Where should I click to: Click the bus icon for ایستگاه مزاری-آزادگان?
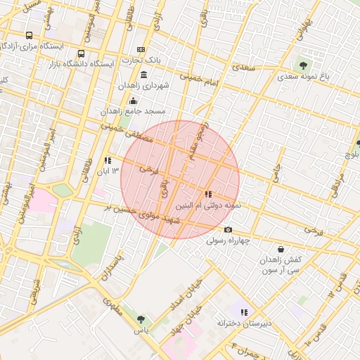click(x=29, y=35)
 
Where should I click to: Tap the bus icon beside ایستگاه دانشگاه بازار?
click(x=81, y=53)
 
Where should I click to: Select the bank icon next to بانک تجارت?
click(x=141, y=50)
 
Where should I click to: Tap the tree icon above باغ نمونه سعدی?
click(x=303, y=65)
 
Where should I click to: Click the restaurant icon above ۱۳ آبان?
click(x=108, y=160)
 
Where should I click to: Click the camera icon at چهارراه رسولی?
click(x=228, y=230)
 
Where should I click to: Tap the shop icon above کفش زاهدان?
click(x=281, y=249)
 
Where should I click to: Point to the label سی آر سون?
click(x=283, y=269)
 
